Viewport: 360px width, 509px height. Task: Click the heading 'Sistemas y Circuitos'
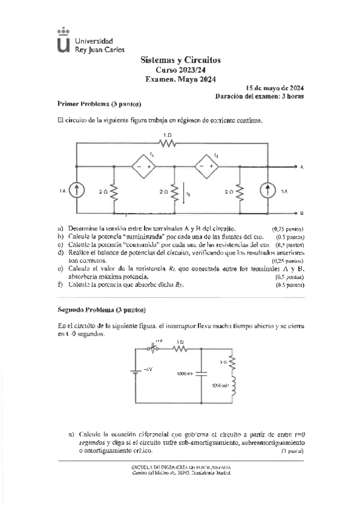[x=181, y=60]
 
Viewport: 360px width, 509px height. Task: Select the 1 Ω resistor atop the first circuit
[x=167, y=143]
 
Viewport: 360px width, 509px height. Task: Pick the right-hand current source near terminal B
[x=266, y=190]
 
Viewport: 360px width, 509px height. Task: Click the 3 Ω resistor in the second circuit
[x=232, y=361]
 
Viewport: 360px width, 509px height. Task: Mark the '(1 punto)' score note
[x=292, y=451]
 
